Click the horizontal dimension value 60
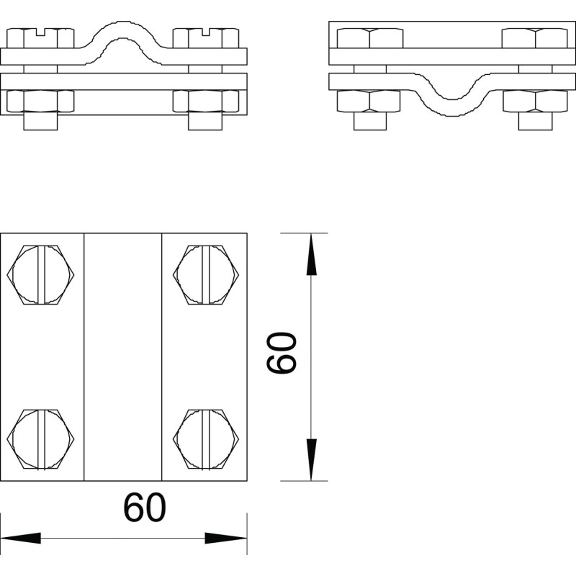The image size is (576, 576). [x=145, y=508]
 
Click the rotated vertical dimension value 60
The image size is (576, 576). [x=281, y=353]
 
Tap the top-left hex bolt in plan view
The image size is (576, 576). [x=40, y=275]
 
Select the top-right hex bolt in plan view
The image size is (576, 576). [x=206, y=275]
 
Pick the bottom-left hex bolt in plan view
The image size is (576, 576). [x=40, y=439]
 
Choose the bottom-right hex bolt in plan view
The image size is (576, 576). [x=206, y=439]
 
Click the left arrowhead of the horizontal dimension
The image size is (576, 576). [x=21, y=538]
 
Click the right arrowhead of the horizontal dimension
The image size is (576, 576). [x=225, y=538]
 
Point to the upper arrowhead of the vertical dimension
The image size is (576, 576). [x=311, y=254]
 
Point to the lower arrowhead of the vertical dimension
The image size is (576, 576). [x=311, y=459]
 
